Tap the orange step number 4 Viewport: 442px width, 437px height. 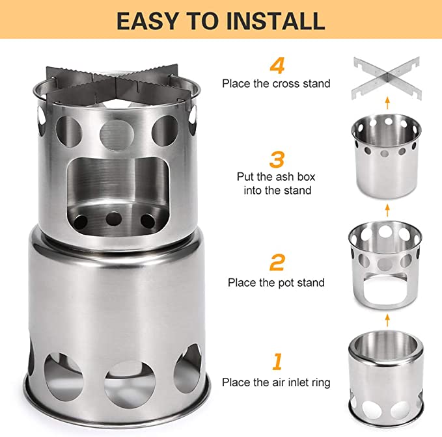click(277, 66)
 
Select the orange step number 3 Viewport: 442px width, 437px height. click(277, 159)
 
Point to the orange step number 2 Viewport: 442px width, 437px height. click(277, 263)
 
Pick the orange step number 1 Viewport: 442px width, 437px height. click(277, 362)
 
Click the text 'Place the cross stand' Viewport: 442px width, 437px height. click(276, 84)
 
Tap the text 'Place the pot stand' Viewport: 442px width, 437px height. click(276, 282)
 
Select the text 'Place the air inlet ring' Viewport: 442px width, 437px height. click(276, 382)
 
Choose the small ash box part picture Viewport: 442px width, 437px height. click(386, 156)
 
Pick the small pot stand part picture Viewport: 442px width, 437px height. click(385, 265)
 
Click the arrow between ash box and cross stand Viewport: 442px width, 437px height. click(387, 103)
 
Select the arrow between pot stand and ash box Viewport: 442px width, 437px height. click(387, 210)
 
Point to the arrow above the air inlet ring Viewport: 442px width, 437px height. click(387, 321)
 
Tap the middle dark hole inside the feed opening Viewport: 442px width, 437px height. click(114, 218)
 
